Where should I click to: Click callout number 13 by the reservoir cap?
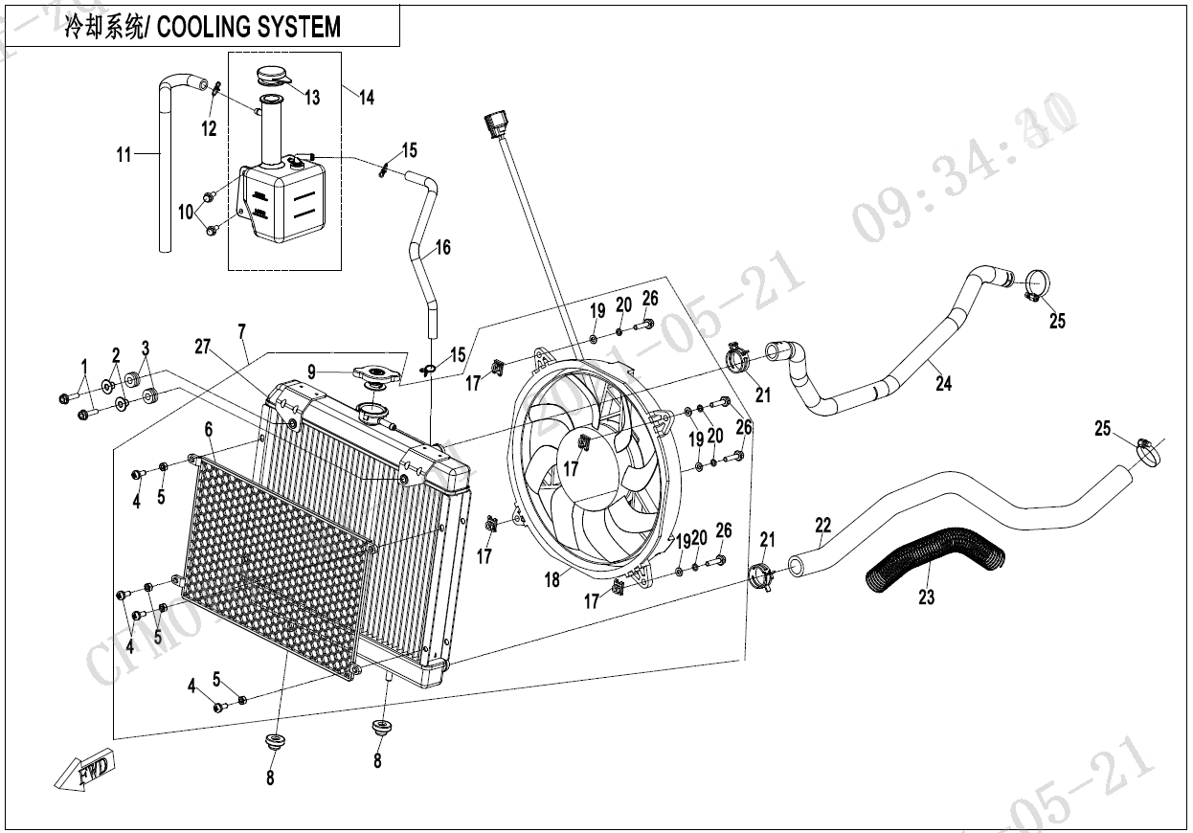click(312, 98)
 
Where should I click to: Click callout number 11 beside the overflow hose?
click(124, 154)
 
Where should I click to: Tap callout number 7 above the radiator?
click(242, 331)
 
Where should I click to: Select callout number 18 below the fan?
click(551, 581)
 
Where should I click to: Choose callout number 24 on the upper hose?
click(944, 385)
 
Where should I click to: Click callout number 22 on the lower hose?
click(823, 525)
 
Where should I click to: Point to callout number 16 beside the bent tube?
click(442, 248)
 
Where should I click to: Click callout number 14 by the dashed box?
click(367, 98)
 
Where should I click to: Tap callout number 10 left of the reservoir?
click(185, 211)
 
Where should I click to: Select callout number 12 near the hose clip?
click(209, 129)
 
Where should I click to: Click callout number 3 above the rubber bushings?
click(146, 347)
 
